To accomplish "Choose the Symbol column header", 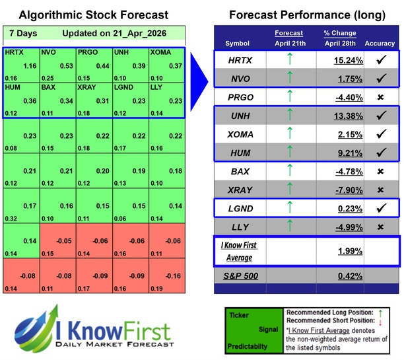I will [x=238, y=44].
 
